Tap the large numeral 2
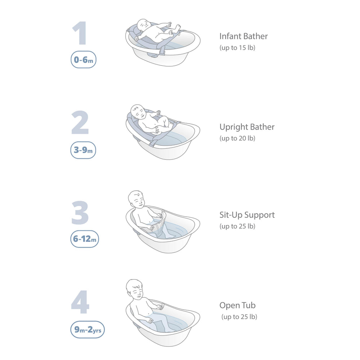pos(80,122)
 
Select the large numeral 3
pos(80,213)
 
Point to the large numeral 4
pos(80,302)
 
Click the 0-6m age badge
pos(84,60)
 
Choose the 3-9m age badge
pos(83,150)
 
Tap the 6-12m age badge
pos(85,239)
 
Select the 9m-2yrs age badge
pos(87,329)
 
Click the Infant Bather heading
pos(244,36)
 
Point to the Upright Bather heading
pos(247,127)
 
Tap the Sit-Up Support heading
pos(247,215)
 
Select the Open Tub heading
pos(237,305)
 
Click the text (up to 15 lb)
pos(237,48)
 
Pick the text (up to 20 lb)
pos(237,138)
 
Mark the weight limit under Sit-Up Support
pos(237,226)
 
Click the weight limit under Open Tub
pos(239,317)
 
